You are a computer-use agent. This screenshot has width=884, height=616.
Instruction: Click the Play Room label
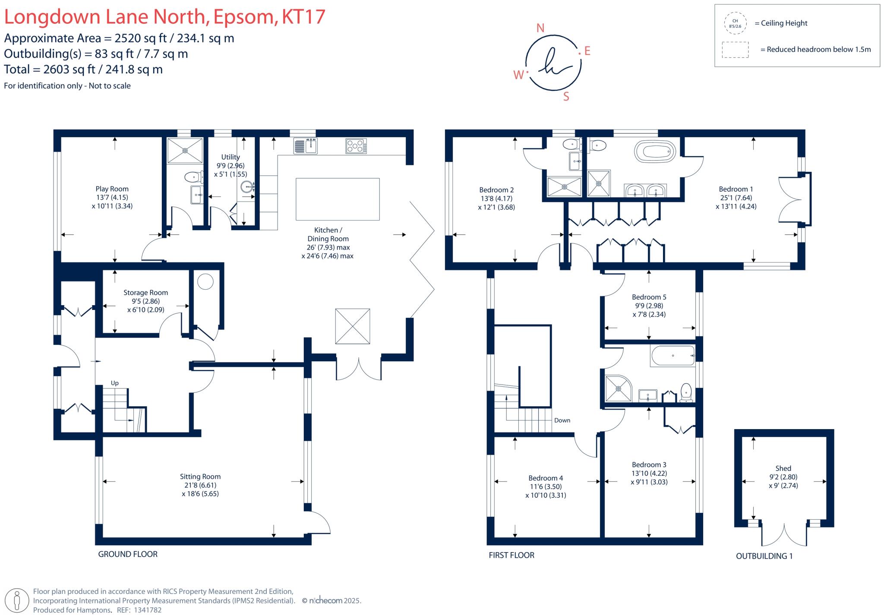tap(112, 189)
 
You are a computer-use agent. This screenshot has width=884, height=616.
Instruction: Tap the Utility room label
tap(230, 157)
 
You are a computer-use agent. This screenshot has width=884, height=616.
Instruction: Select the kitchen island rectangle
tap(338, 199)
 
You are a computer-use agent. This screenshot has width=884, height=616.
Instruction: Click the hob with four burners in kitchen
tap(356, 146)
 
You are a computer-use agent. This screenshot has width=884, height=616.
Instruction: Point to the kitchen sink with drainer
tap(306, 146)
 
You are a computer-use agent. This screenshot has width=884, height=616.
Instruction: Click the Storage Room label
tap(145, 293)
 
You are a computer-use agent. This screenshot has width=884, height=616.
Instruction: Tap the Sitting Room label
tap(200, 477)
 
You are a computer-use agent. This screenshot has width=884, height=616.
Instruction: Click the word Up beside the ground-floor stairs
tap(114, 383)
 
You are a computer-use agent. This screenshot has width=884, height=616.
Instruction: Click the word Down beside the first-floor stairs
tap(562, 420)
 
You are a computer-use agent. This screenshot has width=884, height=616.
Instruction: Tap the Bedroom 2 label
tap(496, 190)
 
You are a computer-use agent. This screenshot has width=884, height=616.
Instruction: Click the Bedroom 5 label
tap(649, 297)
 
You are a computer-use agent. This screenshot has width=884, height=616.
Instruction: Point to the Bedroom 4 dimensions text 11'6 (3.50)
tap(546, 486)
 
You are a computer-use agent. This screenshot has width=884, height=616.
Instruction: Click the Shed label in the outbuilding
tap(783, 468)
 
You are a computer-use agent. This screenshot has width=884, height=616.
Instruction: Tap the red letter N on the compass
tap(540, 28)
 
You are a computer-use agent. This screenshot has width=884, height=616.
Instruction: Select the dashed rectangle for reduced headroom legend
tap(735, 50)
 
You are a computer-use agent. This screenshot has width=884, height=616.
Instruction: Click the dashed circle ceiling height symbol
tap(735, 23)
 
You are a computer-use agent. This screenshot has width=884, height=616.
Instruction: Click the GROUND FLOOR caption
tap(128, 554)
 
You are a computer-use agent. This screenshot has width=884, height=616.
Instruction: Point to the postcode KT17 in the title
tap(303, 17)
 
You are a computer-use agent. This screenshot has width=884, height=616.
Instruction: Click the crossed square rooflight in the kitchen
tap(353, 326)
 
